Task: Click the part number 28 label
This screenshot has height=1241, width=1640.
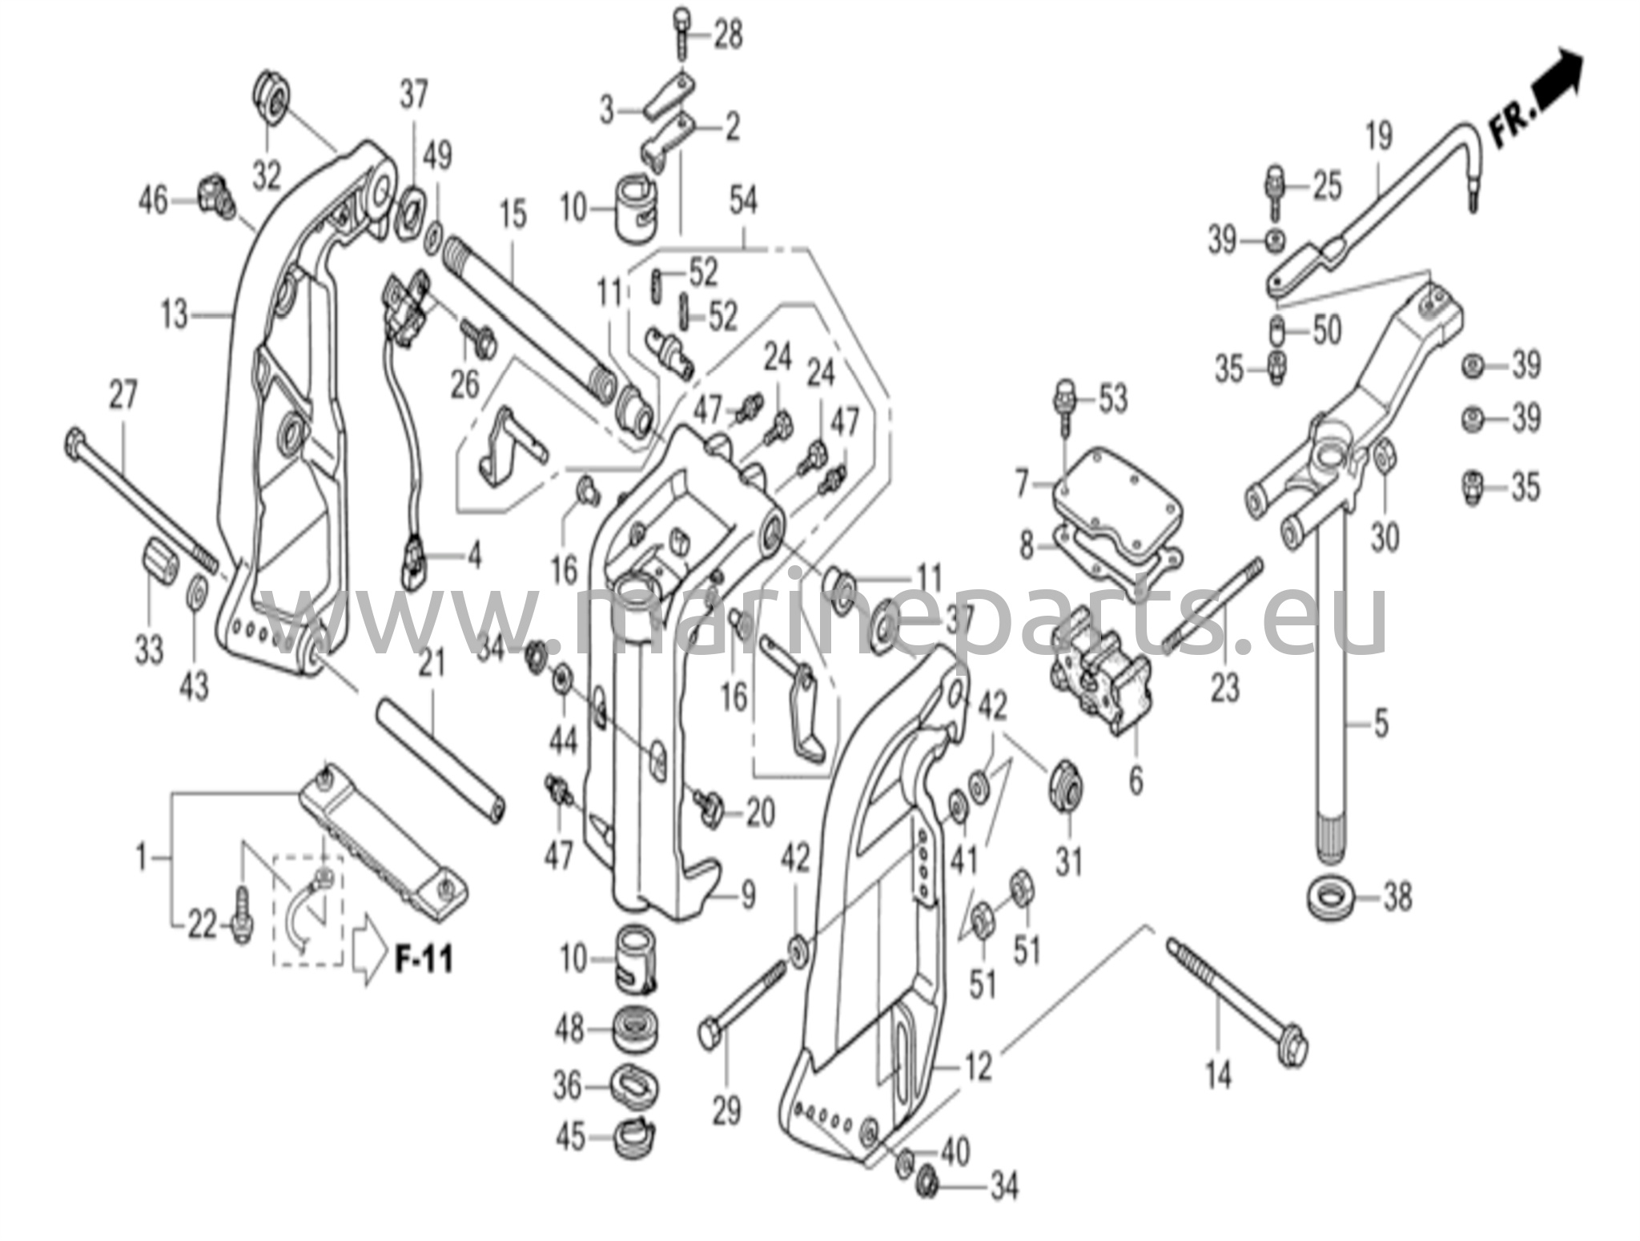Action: coord(727,36)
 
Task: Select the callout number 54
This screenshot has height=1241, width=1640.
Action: coord(742,200)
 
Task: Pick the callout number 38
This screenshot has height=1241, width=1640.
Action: coord(1397,898)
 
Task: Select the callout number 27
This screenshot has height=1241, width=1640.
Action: coord(122,396)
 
